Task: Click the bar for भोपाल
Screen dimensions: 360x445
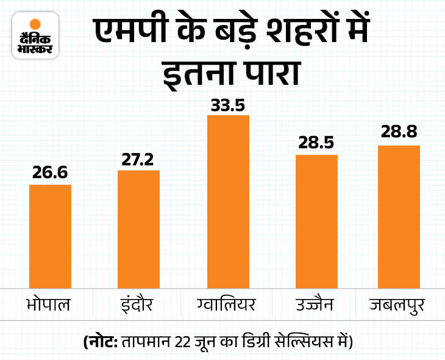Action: coord(50,236)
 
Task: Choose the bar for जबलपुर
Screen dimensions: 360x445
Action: coord(399,216)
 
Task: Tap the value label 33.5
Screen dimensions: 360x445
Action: coord(228,105)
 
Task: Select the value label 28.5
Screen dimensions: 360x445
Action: coord(316,145)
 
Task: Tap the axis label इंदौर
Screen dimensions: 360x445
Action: coord(138,304)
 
